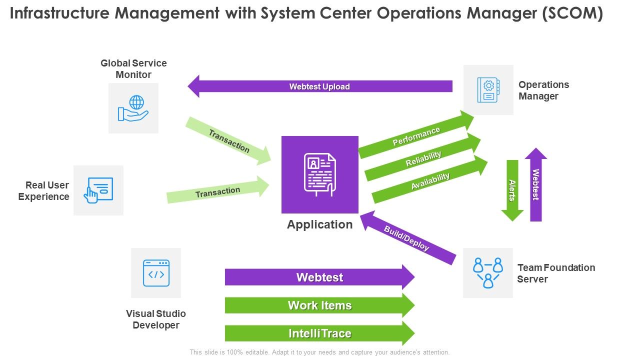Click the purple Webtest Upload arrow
pyautogui.click(x=320, y=86)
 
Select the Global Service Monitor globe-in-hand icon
pyautogui.click(x=133, y=108)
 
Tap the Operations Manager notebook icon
pyautogui.click(x=488, y=90)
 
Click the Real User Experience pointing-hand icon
pyautogui.click(x=98, y=190)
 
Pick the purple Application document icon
pyautogui.click(x=320, y=174)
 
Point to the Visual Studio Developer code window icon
pyautogui.click(x=156, y=273)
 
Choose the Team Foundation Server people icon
pyautogui.click(x=487, y=273)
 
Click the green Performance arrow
pyautogui.click(x=416, y=136)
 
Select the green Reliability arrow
pyautogui.click(x=423, y=158)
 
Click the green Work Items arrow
pyautogui.click(x=320, y=305)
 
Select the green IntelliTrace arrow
pyautogui.click(x=320, y=333)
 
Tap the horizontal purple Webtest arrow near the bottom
pyautogui.click(x=320, y=277)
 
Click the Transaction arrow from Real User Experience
pyautogui.click(x=218, y=191)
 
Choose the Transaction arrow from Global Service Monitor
pyautogui.click(x=228, y=141)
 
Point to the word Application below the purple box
pyautogui.click(x=320, y=224)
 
